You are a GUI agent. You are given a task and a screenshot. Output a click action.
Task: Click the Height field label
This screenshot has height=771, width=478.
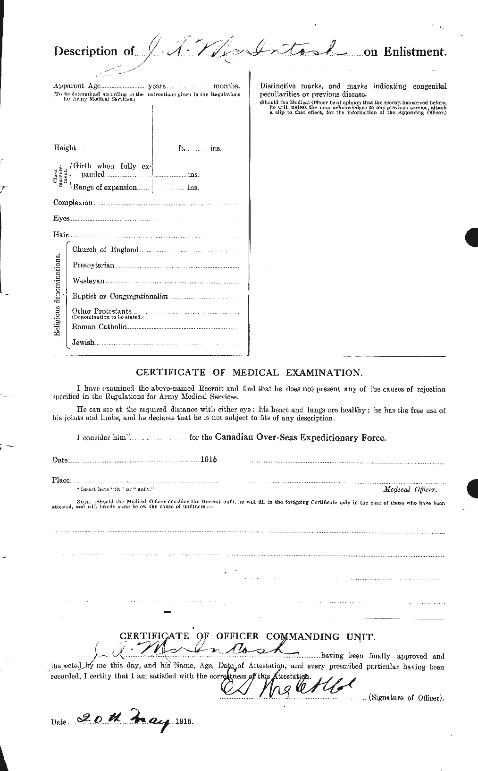pos(65,148)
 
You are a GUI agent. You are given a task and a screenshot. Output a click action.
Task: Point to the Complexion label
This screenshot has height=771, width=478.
pos(73,203)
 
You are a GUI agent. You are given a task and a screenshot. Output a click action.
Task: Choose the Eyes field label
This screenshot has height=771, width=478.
pos(62,218)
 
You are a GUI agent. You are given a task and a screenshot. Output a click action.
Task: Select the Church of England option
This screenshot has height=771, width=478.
pos(105,249)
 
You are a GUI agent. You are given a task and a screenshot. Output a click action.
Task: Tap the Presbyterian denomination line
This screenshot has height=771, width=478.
pos(93,265)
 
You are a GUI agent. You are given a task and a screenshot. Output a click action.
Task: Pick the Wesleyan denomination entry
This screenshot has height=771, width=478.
pos(88,281)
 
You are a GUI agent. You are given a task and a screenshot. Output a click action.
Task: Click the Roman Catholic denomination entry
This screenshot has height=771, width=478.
pos(99,327)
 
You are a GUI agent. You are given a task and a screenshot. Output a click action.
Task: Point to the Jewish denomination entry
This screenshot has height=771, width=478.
pos(84,343)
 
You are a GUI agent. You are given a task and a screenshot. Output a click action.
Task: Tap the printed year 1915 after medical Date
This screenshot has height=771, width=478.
pos(208,459)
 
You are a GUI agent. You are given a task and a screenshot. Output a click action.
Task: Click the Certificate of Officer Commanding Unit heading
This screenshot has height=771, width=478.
pos(248,637)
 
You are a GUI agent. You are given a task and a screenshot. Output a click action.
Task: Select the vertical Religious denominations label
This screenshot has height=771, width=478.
pos(57,295)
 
